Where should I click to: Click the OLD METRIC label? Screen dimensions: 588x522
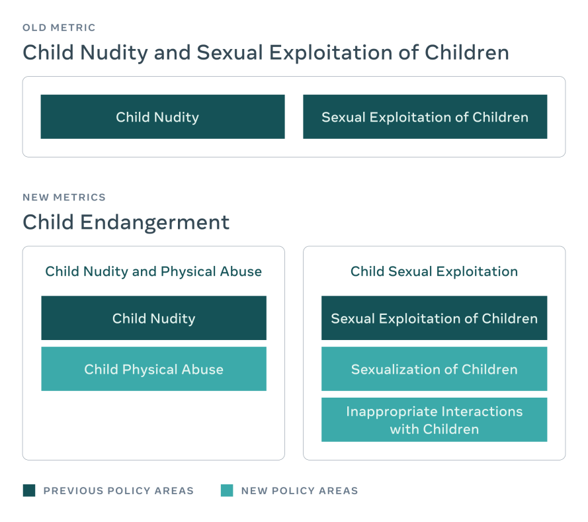pos(59,28)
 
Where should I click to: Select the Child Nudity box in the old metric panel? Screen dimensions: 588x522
pos(163,116)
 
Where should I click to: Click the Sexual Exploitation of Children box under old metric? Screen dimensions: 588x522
pos(425,116)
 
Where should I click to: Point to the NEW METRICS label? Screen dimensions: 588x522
pos(64,197)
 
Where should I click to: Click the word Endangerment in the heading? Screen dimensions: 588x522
pos(155,222)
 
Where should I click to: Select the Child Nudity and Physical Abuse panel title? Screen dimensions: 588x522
pos(153,271)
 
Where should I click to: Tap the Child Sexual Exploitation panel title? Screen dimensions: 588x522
pos(435,271)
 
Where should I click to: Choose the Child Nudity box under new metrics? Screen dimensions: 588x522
pos(153,318)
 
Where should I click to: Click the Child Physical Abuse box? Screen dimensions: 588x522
pos(153,369)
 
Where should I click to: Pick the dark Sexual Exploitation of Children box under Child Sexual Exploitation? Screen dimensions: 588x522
pos(435,318)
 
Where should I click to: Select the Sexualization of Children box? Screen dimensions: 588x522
pos(435,369)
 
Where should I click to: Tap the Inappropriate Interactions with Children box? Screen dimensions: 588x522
pos(435,419)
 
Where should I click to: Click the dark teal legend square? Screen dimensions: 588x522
pos(29,490)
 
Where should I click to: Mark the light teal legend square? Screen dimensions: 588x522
pos(227,490)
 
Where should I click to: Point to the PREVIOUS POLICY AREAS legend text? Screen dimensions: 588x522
pos(118,490)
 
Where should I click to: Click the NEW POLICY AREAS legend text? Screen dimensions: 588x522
pos(300,490)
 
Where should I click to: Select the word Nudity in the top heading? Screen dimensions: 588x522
pos(114,53)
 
